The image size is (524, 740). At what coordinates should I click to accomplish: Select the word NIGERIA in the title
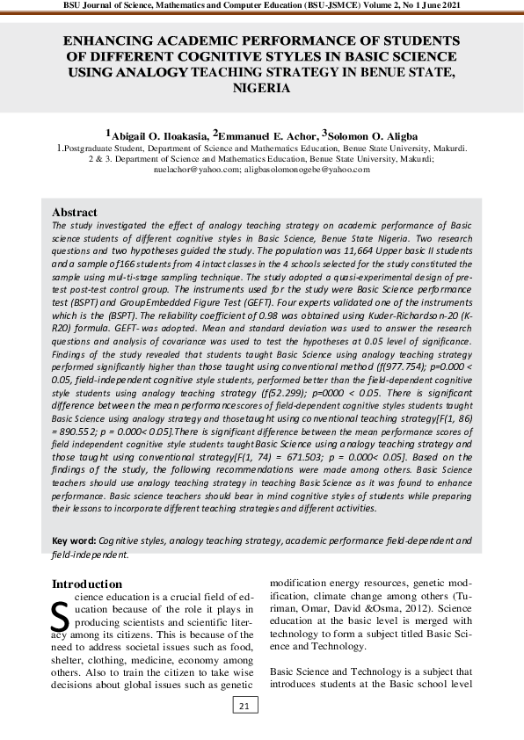tap(261, 89)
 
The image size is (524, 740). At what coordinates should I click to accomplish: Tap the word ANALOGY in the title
tap(150, 73)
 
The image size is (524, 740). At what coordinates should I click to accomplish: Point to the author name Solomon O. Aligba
tap(372, 135)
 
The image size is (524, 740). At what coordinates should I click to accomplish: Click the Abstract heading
tap(75, 213)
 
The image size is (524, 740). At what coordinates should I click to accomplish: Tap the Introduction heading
tap(87, 584)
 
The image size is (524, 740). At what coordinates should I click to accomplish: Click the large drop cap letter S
tap(60, 617)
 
